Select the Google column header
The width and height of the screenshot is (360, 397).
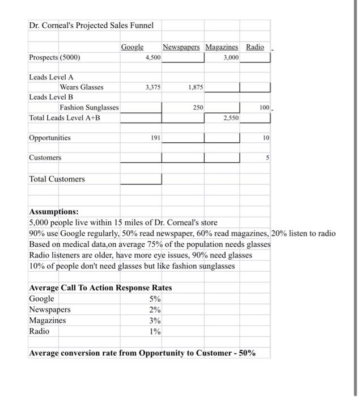[x=132, y=47]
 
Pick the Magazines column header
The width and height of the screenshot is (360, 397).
[x=222, y=47]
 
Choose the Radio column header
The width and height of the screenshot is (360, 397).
[x=255, y=47]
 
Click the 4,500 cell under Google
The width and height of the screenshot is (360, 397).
[x=152, y=57]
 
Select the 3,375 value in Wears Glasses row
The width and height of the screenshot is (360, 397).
[x=152, y=87]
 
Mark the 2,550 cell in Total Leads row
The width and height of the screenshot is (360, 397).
[x=230, y=118]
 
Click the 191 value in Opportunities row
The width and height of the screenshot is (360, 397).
[x=155, y=138]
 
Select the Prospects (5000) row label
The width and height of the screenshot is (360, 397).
[x=54, y=57]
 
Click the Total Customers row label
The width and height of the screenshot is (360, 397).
[x=57, y=179]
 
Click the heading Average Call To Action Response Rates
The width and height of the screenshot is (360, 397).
[x=100, y=288]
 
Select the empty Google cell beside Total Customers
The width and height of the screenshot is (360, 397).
[x=141, y=179]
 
